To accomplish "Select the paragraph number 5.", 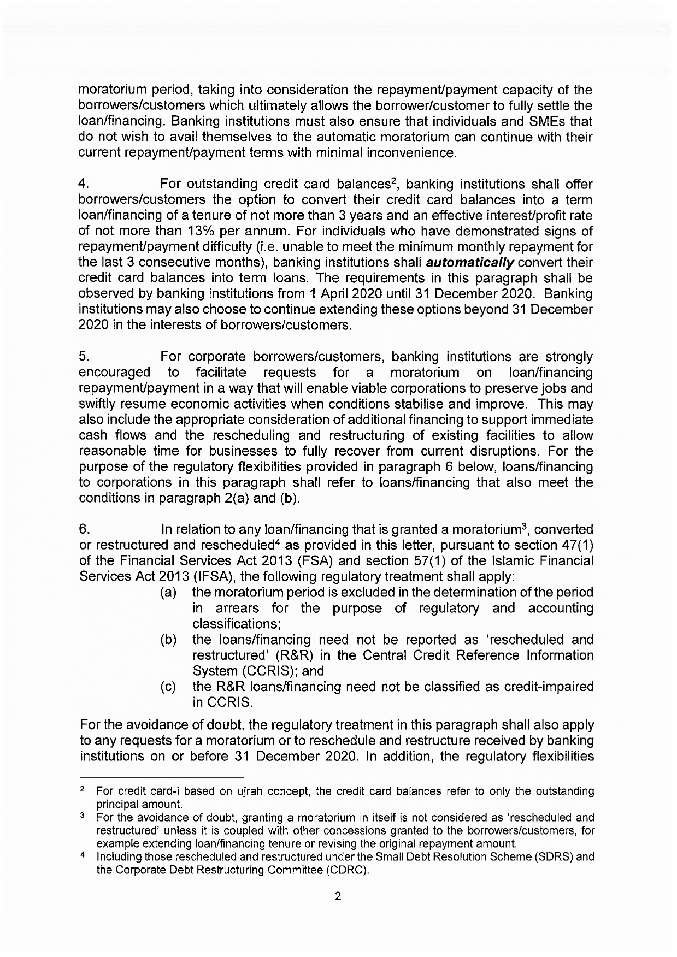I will [85, 357].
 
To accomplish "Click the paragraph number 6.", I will [85, 529].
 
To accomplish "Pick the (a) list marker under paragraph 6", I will [168, 593].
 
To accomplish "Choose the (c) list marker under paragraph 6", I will [168, 687].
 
